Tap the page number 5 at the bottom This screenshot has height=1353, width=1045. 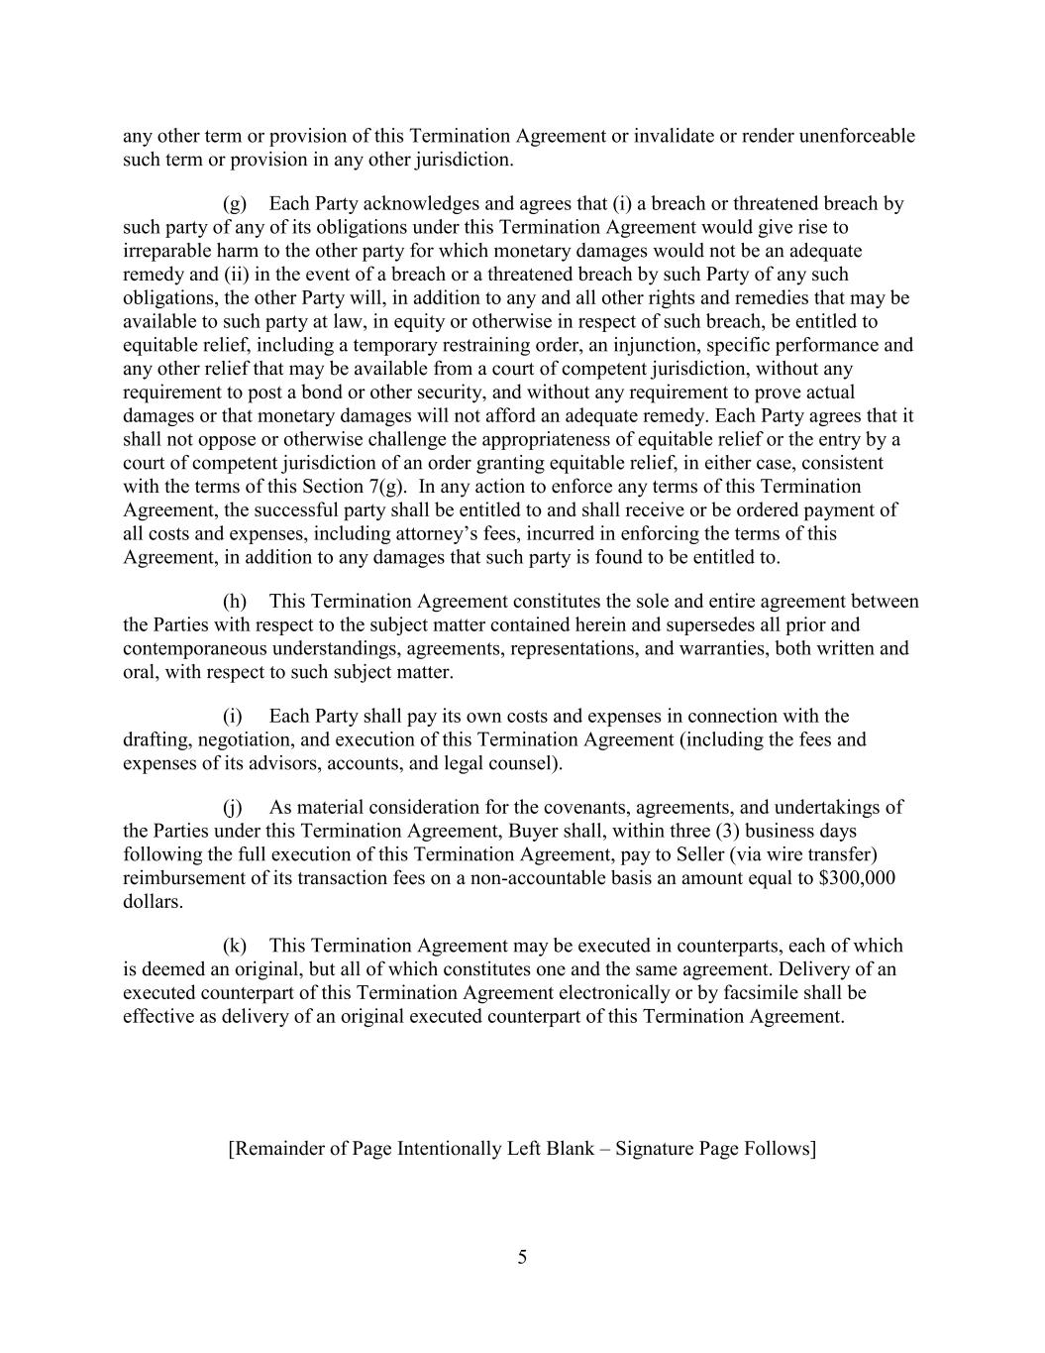pyautogui.click(x=522, y=1258)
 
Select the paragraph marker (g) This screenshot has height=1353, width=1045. pyautogui.click(x=235, y=204)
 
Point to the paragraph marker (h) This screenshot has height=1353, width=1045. pyautogui.click(x=235, y=602)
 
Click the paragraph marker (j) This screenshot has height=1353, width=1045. pyautogui.click(x=234, y=808)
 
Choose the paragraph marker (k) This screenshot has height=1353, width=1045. pyautogui.click(x=235, y=946)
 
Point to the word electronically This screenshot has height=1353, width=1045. pyautogui.click(x=611, y=992)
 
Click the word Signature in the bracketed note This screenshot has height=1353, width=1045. pyautogui.click(x=655, y=1149)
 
